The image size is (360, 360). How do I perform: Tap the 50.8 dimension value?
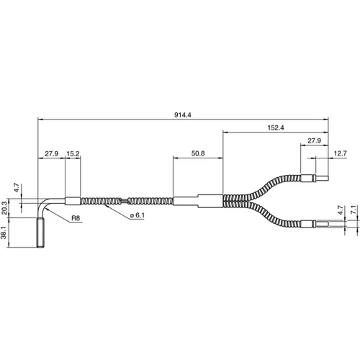(x=198, y=153)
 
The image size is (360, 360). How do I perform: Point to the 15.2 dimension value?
(x=73, y=153)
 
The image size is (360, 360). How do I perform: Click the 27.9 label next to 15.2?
(x=51, y=153)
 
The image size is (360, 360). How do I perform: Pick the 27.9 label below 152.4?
(x=313, y=141)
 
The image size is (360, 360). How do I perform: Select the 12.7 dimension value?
(x=341, y=153)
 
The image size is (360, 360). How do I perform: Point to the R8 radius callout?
(x=75, y=217)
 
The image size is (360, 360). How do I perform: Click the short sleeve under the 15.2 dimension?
(x=73, y=201)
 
